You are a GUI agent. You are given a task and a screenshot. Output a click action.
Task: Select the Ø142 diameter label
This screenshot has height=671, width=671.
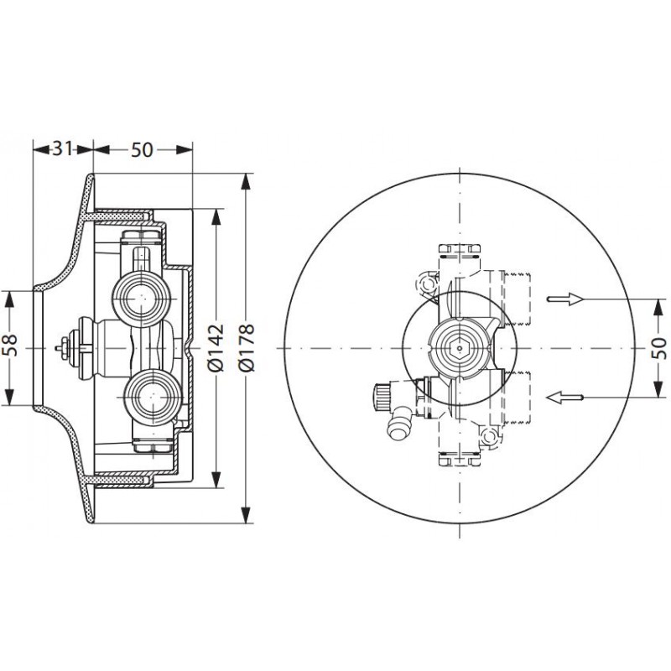pos(216,347)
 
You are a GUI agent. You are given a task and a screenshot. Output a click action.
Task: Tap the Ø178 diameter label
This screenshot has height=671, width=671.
pos(247,347)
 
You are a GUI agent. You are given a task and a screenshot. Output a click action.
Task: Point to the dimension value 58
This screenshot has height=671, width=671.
pos(10,346)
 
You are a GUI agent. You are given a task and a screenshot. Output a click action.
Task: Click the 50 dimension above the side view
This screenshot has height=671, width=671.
pos(142,150)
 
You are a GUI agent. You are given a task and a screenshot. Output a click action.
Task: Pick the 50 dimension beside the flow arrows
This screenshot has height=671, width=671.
pos(659,348)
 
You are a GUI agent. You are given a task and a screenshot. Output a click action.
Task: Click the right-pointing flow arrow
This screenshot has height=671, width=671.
pos(565,299)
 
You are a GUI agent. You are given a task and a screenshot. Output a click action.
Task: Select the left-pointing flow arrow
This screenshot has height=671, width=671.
pos(564,398)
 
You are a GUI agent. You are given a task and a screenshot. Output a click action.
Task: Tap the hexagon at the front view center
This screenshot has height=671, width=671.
pos(459,348)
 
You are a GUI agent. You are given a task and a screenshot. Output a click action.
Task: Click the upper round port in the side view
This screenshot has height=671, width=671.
pos(142,298)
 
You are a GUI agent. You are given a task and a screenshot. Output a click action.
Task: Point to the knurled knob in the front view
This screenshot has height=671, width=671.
pos(382,397)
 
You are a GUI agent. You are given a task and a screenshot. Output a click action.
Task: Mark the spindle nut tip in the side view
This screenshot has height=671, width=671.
pos(58,348)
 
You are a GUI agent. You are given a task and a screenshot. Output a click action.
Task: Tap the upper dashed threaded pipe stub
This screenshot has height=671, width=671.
pos(517,298)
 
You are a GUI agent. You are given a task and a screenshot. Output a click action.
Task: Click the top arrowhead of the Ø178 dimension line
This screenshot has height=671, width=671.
pos(246,181)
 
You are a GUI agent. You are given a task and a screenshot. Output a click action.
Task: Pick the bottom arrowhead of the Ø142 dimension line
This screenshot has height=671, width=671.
pos(216,480)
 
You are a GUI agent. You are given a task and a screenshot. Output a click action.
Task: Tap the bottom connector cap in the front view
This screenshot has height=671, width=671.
pos(460,458)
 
